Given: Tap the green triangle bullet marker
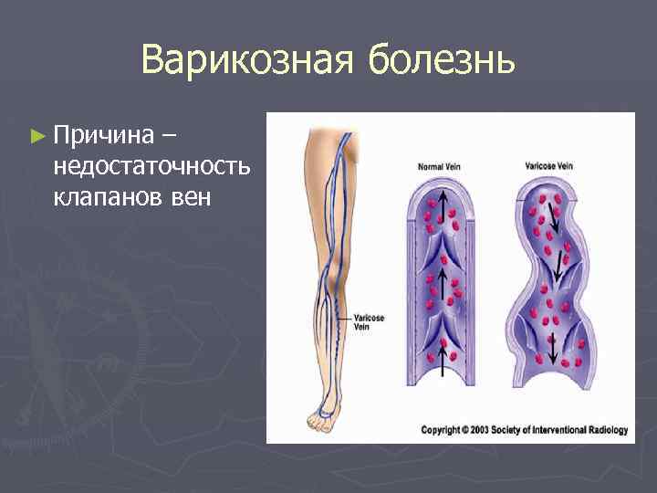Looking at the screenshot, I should point(36,136).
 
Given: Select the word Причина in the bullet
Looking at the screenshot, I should point(102,136).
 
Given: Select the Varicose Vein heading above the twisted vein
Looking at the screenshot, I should point(549,166).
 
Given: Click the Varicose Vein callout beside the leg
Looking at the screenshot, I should point(366,320).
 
